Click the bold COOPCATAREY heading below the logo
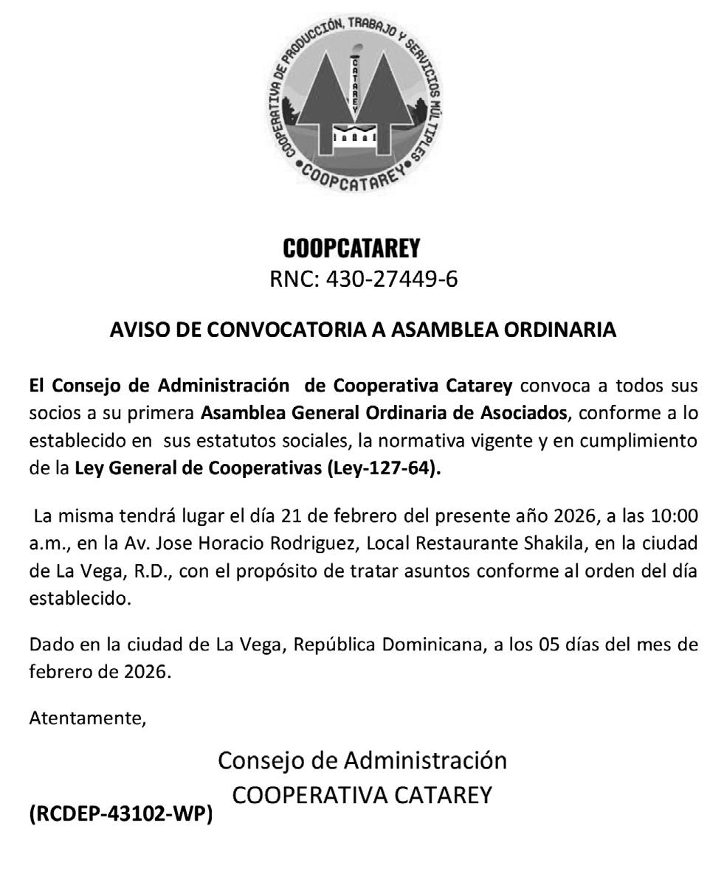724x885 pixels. coord(351,249)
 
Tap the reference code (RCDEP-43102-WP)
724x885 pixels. coord(120,814)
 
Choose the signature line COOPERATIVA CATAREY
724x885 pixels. coord(362,795)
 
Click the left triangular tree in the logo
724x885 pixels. coord(317,111)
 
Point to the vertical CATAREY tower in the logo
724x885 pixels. coord(356,85)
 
